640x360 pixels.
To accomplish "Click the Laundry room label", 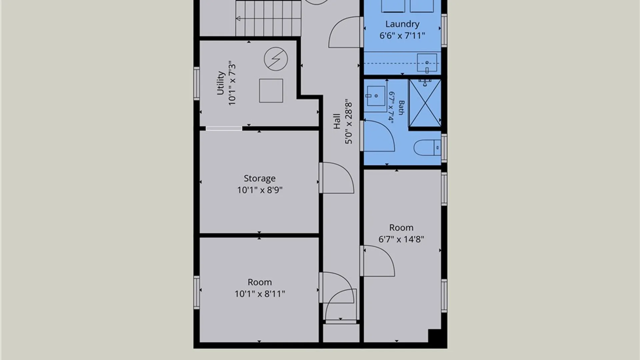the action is (x=402, y=24).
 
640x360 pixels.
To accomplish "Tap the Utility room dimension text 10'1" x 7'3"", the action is (x=232, y=83).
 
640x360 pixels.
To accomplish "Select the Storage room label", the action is (x=260, y=179).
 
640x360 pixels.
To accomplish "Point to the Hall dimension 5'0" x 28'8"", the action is (x=348, y=121).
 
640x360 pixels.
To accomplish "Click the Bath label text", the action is (x=401, y=107).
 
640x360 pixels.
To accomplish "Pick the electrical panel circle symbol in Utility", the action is (x=276, y=59).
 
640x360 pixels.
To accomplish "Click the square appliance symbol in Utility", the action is (x=271, y=91).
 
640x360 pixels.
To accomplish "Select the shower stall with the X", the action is (x=425, y=103).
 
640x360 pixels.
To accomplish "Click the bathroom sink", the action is (x=375, y=99).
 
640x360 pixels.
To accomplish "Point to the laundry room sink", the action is (x=427, y=63).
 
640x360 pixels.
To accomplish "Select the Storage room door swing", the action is (x=337, y=178).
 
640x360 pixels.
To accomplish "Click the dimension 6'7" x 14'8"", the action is (x=401, y=239).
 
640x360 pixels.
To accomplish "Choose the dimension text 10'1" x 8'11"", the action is (x=260, y=294).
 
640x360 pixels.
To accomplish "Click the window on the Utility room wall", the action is (x=197, y=83).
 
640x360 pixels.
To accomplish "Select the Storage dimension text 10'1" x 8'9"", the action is (x=260, y=190).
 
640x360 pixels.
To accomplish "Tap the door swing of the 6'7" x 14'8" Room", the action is (x=379, y=261).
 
